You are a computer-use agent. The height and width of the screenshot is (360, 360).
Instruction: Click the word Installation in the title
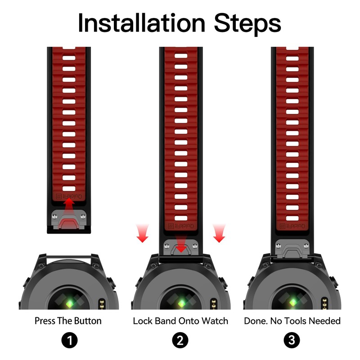[x=141, y=23]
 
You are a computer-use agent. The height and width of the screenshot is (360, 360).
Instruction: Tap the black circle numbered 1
[x=70, y=340]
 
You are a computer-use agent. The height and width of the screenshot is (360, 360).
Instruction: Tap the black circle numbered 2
[x=180, y=340]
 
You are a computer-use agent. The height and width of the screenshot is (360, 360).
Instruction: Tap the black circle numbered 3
[x=292, y=340]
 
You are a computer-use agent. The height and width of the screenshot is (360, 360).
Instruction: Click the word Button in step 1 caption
[x=88, y=321]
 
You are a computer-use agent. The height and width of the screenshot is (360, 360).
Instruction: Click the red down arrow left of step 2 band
[x=142, y=233]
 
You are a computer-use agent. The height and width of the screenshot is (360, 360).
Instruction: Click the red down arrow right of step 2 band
[x=219, y=233]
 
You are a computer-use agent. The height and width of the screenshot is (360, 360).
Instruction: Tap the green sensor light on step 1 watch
[x=69, y=304]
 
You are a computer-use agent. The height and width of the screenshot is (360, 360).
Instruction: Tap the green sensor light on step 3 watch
[x=293, y=302]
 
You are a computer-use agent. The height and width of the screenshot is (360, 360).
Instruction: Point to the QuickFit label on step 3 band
[x=292, y=226]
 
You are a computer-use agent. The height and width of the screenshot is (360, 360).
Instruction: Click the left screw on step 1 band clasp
[x=54, y=216]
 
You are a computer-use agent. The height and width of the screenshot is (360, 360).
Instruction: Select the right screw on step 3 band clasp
[x=306, y=246]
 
